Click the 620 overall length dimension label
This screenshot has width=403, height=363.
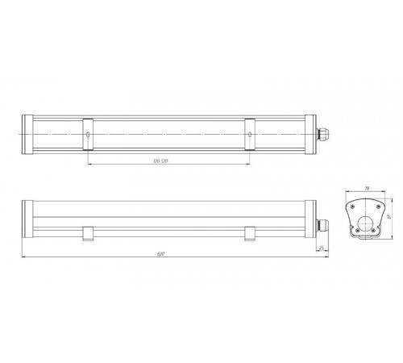coord(160,255)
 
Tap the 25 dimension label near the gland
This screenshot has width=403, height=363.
coord(322,248)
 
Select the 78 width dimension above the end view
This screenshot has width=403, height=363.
coord(368,188)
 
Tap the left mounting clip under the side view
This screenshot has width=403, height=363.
coord(88,234)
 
